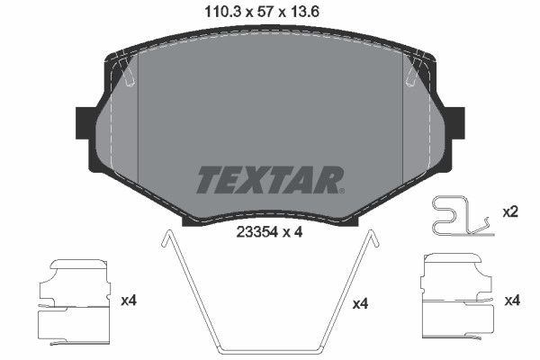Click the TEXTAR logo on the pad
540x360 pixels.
click(x=267, y=180)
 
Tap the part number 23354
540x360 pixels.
click(x=256, y=230)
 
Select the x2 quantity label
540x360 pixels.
click(x=509, y=213)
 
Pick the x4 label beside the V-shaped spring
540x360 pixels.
click(x=360, y=304)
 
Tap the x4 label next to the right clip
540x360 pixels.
click(x=512, y=299)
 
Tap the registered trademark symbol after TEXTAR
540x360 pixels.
click(x=343, y=190)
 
